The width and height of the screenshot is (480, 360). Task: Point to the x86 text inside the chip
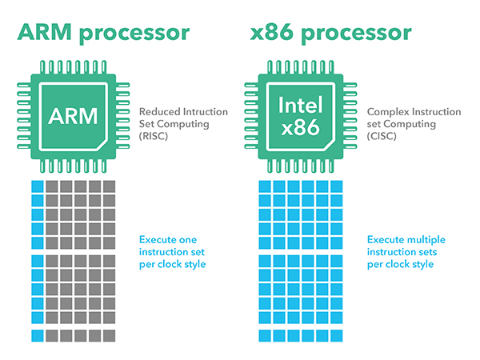point(302,126)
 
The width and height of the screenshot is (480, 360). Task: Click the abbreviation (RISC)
point(154,137)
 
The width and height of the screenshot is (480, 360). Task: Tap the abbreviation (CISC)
point(382,137)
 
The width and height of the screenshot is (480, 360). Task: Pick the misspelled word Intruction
point(205,113)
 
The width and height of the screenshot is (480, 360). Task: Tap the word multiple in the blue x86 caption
point(425,240)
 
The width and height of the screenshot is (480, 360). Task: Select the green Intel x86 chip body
point(302,88)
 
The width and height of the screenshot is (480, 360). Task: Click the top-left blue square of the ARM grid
point(36,186)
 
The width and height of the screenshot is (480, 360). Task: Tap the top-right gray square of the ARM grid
point(110,186)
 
